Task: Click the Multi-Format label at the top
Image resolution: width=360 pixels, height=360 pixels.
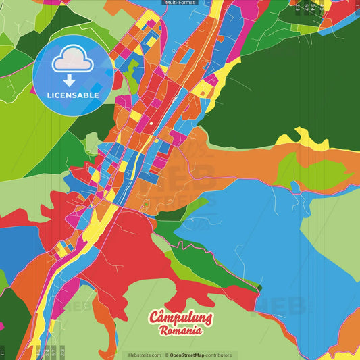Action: tap(180, 3)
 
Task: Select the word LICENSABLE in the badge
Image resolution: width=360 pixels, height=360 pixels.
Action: tap(73, 95)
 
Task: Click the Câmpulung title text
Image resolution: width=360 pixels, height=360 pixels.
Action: tap(180, 317)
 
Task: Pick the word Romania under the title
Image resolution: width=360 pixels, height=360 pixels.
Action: tap(180, 331)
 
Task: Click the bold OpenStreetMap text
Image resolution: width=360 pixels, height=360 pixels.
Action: tap(187, 355)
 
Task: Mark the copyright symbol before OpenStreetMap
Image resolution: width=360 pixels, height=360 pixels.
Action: tap(166, 355)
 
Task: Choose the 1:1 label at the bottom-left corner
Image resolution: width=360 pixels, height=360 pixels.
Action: tap(3, 352)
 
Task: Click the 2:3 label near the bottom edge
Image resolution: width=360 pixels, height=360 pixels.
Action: tap(63, 352)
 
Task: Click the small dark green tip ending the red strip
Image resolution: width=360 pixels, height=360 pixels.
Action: tap(258, 288)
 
